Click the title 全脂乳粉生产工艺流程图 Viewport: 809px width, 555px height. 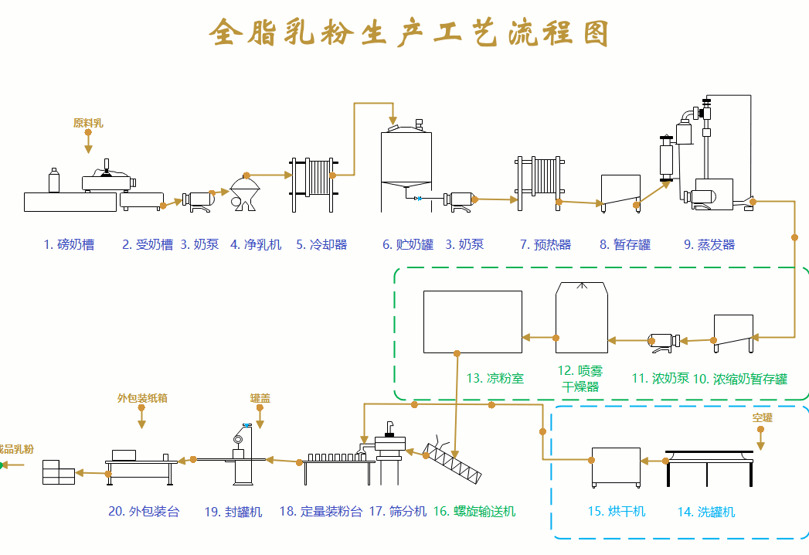410,33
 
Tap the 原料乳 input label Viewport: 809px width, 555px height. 88,123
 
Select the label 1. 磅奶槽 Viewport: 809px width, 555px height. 69,245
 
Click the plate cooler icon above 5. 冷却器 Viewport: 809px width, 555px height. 313,184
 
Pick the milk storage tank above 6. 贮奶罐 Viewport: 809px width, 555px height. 406,166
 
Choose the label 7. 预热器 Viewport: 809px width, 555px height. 546,245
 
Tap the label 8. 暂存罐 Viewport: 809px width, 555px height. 625,245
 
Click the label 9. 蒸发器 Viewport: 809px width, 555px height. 709,245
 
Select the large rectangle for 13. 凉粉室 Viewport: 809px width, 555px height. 472,321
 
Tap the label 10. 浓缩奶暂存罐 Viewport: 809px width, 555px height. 740,380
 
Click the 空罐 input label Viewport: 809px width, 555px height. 762,418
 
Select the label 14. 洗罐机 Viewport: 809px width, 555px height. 706,512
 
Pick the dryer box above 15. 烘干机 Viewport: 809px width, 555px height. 616,467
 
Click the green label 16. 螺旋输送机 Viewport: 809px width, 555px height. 474,512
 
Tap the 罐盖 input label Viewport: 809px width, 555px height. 260,399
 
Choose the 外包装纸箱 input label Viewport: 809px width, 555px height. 142,399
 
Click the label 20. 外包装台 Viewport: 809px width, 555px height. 144,512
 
